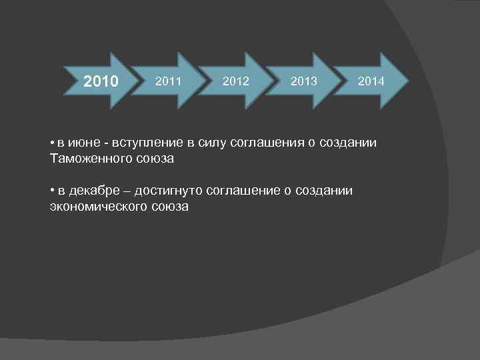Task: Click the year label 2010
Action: point(101,82)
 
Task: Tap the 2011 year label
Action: point(168,81)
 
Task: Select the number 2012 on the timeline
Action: point(236,81)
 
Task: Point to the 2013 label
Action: point(304,81)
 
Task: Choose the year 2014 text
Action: point(371,81)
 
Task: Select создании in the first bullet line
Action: point(350,143)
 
